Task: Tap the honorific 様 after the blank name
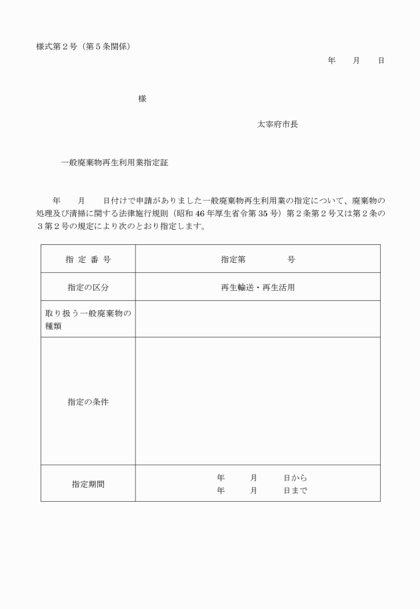coord(142,99)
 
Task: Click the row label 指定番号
coord(88,260)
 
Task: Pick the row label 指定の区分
coord(88,288)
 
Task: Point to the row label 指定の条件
coord(88,402)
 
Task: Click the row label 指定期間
coord(88,484)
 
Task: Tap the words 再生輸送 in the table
coord(237,288)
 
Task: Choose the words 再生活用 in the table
coord(278,288)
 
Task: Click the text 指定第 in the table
coord(233,260)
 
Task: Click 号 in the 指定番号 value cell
coord(291,260)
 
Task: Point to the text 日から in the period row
coord(295,478)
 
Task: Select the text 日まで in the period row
coord(295,491)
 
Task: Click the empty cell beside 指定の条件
coord(257,401)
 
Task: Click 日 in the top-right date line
coord(381,61)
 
